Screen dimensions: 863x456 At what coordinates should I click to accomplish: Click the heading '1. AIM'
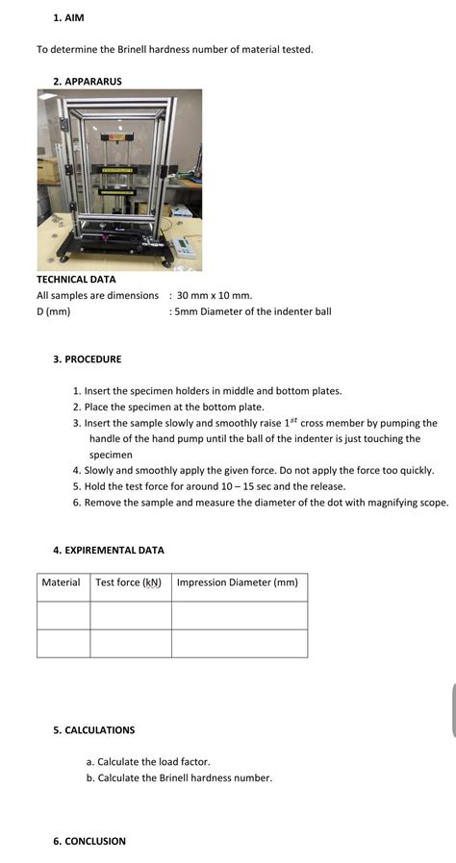68,17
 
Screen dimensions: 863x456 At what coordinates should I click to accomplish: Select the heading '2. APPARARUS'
88,82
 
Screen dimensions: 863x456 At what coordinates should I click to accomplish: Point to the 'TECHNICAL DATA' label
76,280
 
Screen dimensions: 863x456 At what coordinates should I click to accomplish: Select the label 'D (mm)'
54,311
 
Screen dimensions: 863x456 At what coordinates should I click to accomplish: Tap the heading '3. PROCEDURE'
87,359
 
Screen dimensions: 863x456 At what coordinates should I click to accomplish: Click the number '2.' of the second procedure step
77,407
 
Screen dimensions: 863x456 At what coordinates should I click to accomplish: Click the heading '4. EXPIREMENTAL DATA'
108,551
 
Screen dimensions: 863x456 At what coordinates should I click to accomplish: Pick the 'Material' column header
62,582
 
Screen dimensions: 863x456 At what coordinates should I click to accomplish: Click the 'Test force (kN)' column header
128,582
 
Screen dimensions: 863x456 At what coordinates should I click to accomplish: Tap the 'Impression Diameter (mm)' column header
238,582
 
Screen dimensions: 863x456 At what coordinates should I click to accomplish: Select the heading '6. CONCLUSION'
89,841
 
